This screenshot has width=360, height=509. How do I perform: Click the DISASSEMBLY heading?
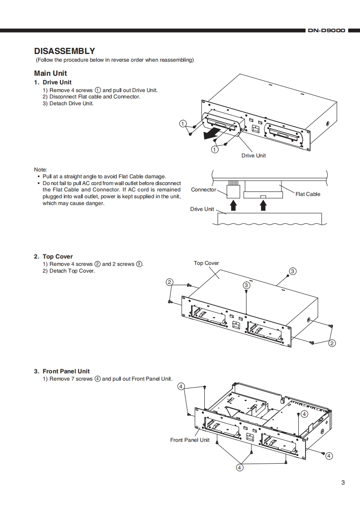coord(64,51)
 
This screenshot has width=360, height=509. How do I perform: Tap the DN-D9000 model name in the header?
coord(326,31)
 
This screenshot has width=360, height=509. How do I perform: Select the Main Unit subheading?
coord(50,73)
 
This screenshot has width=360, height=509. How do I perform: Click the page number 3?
coord(343,482)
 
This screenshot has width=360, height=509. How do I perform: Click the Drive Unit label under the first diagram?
coord(253,156)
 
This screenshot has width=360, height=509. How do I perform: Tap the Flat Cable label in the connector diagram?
coord(307,194)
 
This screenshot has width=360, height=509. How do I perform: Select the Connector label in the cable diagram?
coord(203,190)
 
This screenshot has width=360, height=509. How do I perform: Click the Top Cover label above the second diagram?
coord(206,263)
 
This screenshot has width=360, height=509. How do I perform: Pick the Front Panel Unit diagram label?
coord(190,440)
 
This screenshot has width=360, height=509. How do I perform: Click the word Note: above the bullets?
coord(40,169)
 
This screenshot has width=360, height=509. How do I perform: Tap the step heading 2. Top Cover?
coord(53,256)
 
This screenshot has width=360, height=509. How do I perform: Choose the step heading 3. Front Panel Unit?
coord(62,371)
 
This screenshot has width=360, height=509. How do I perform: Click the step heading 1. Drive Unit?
coord(53,83)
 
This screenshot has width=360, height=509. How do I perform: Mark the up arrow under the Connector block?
coord(233,206)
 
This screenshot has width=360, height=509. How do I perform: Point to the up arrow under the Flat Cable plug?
coord(262,206)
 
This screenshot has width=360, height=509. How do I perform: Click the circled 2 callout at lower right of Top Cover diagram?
coord(332,343)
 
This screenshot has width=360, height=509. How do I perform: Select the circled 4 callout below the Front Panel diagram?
coord(239,467)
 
